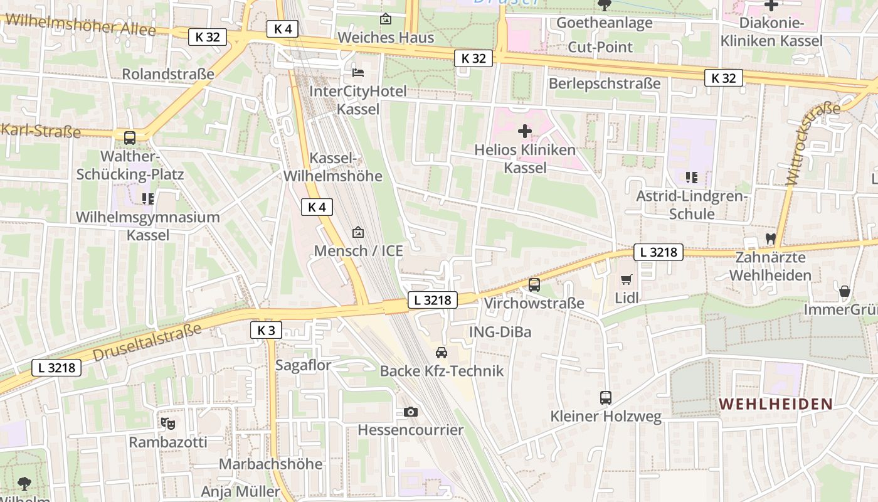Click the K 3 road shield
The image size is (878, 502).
pyautogui.click(x=266, y=330)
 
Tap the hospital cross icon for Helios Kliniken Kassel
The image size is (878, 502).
pyautogui.click(x=525, y=131)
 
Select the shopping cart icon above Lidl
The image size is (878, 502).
pyautogui.click(x=627, y=279)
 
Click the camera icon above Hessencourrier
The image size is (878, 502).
pyautogui.click(x=411, y=412)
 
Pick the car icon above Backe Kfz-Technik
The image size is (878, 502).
pyautogui.click(x=442, y=352)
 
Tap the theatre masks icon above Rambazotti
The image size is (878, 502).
pyautogui.click(x=167, y=424)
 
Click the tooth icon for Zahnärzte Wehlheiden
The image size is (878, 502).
pyautogui.click(x=770, y=239)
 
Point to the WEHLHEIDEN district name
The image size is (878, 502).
pyautogui.click(x=775, y=404)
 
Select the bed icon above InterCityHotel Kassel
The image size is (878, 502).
pyautogui.click(x=357, y=73)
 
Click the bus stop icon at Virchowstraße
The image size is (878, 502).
pyautogui.click(x=534, y=285)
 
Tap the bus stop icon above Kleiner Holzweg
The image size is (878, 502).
pyautogui.click(x=606, y=397)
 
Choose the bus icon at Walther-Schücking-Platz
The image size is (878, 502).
pyautogui.click(x=130, y=137)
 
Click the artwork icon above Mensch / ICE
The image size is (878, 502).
pyautogui.click(x=358, y=232)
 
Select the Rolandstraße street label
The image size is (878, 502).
pyautogui.click(x=168, y=74)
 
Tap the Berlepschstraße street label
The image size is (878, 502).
pyautogui.click(x=605, y=83)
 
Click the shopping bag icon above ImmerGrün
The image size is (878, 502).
pyautogui.click(x=845, y=291)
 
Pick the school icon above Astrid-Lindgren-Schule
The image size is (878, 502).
pyautogui.click(x=692, y=178)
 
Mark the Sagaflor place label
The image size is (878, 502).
pyautogui.click(x=304, y=365)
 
